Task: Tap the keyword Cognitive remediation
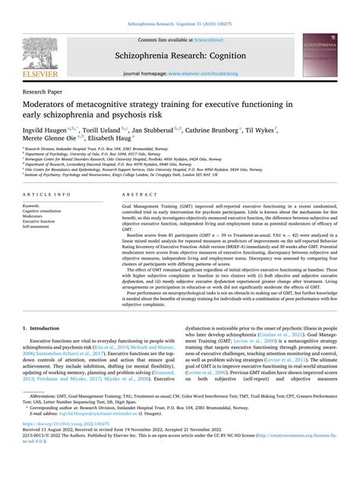click(x=43, y=210)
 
